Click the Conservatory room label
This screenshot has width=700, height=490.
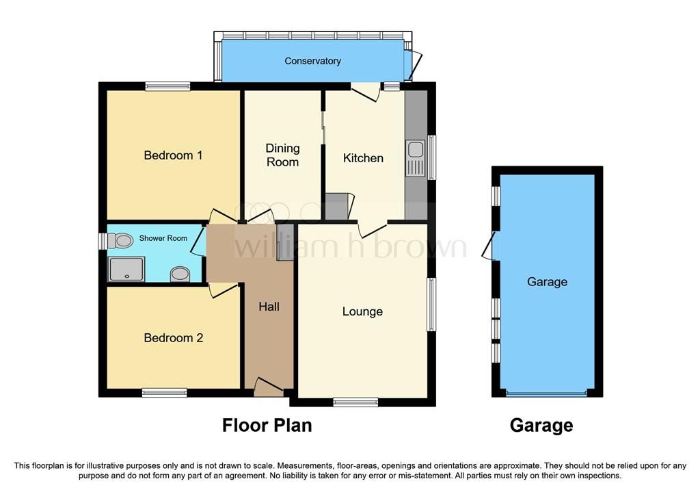click(x=312, y=61)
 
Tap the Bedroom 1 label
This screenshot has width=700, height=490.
click(x=173, y=155)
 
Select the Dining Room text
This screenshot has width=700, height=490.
click(x=282, y=155)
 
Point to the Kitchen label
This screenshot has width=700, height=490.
click(x=363, y=158)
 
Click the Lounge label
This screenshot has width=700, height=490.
click(x=362, y=311)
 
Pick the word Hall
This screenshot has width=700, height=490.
click(x=269, y=307)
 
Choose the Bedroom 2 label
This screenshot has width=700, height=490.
click(x=173, y=338)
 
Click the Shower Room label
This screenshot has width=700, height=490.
click(x=163, y=238)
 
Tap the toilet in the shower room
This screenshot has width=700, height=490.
click(x=121, y=241)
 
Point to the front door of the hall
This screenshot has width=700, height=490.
click(x=268, y=388)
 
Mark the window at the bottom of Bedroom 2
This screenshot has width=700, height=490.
click(x=164, y=393)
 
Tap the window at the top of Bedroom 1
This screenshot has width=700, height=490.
click(x=167, y=86)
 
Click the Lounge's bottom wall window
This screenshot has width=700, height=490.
click(x=355, y=402)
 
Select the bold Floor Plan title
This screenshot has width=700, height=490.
click(x=267, y=426)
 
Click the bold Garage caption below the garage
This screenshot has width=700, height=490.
click(x=541, y=426)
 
